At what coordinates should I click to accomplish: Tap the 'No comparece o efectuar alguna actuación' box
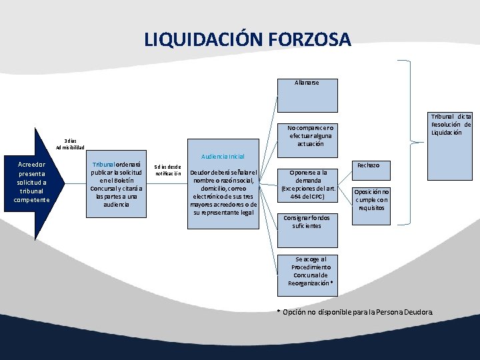tap(307, 136)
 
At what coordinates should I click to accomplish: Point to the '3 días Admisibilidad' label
tap(70, 143)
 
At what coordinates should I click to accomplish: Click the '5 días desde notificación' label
tap(168, 170)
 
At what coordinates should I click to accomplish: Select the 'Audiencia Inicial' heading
tap(227, 156)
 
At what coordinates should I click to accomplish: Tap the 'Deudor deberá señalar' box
tap(224, 193)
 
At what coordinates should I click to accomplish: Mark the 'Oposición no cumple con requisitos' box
tap(372, 199)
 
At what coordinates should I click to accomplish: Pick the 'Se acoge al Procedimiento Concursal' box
tap(308, 275)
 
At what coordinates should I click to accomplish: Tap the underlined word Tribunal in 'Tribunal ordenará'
tap(103, 164)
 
